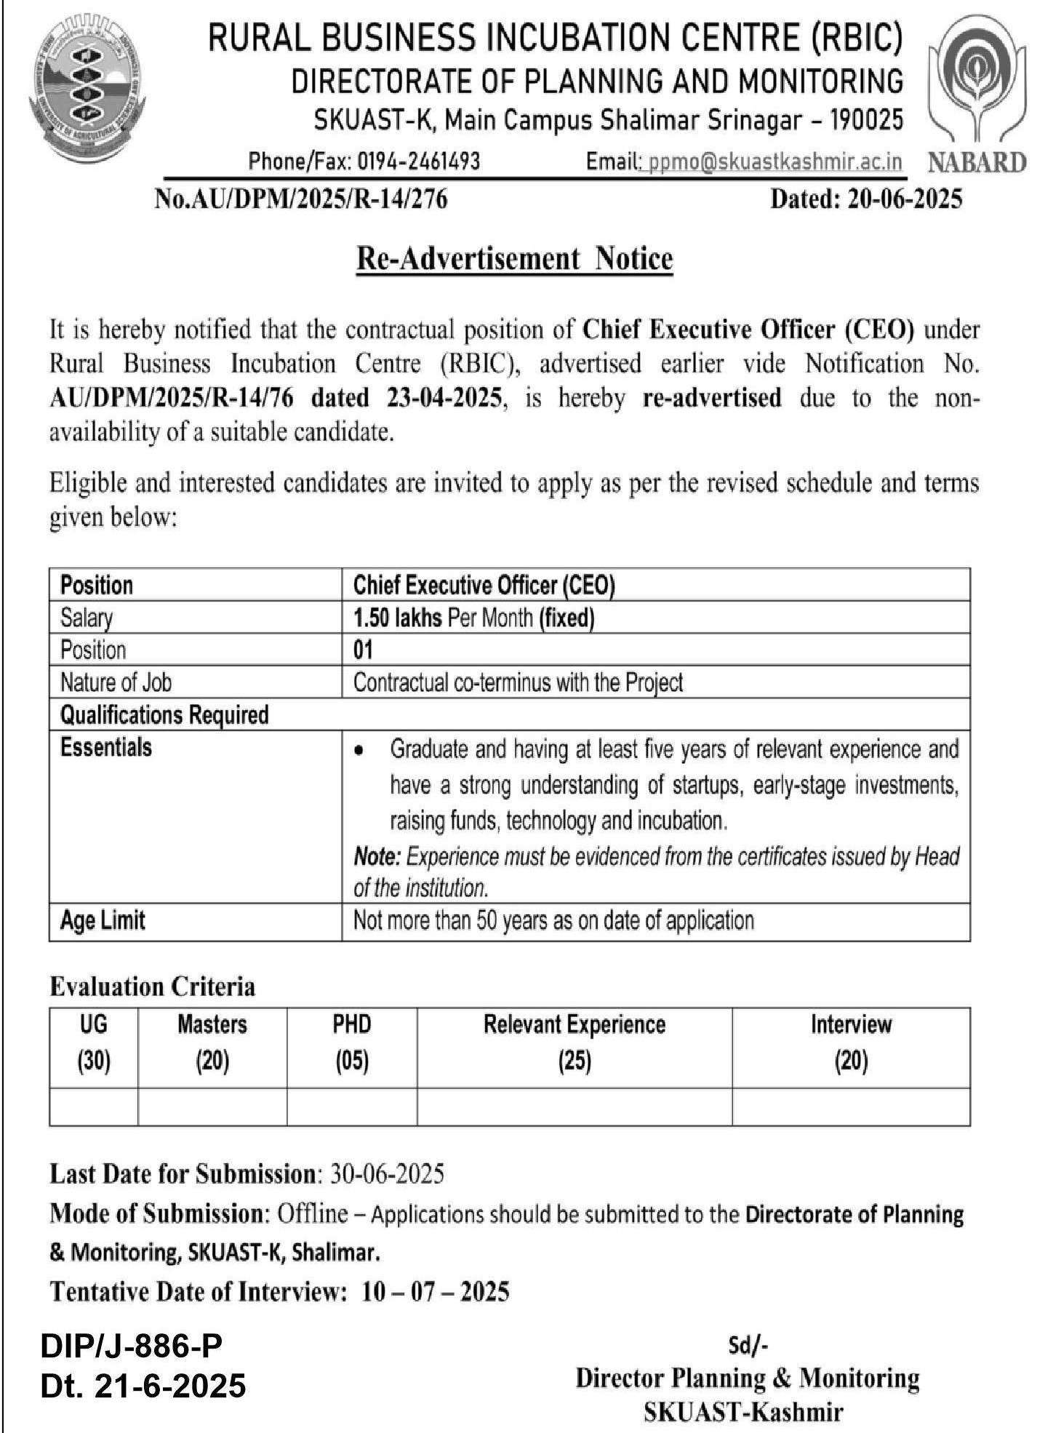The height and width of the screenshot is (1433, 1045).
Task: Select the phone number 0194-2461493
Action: pos(418,161)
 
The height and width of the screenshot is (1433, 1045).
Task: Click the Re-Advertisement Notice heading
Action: pos(514,258)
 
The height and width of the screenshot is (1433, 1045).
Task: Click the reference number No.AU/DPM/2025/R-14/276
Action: pos(300,199)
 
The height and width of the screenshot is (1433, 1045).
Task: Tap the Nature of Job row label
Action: pos(116,682)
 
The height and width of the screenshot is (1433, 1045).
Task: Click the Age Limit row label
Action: pos(103,920)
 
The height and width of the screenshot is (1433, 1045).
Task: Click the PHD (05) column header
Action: pos(352,1044)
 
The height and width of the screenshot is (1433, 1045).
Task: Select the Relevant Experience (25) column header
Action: pos(574,1044)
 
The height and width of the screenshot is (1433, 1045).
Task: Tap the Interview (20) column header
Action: pos(851,1044)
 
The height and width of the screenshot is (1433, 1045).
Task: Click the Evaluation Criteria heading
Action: pos(152,987)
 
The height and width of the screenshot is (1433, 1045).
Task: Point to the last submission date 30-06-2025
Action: pos(387,1174)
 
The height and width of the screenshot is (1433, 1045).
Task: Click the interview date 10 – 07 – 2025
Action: pos(435,1292)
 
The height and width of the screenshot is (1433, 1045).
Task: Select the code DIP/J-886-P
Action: pos(132,1346)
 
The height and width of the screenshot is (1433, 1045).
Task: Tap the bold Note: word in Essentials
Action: pos(377,857)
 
